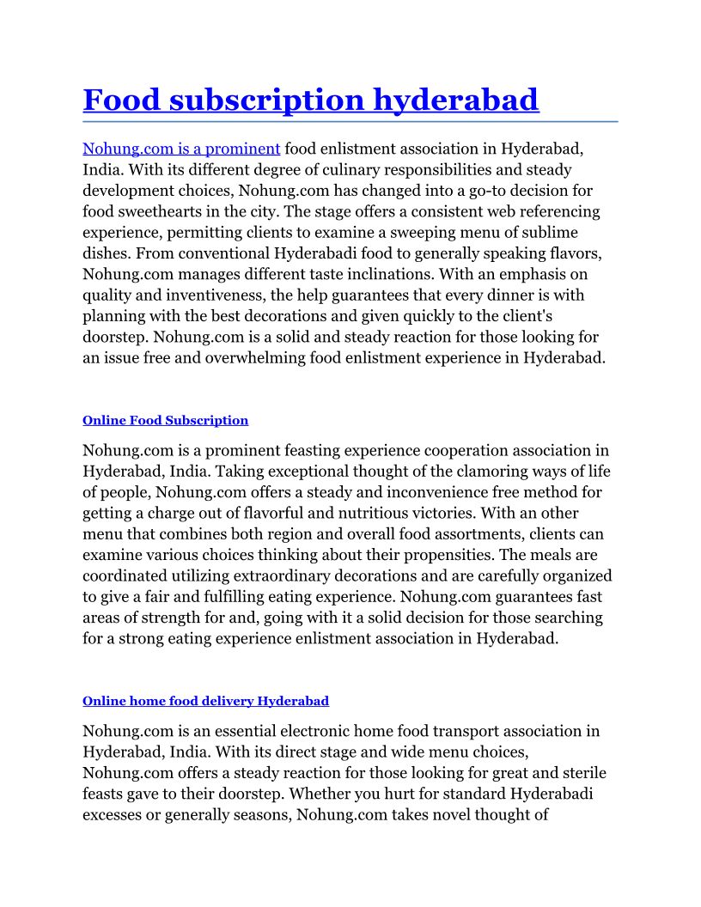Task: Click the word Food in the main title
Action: point(121,100)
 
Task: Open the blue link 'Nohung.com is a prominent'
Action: point(181,149)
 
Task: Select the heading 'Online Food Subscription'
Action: point(165,420)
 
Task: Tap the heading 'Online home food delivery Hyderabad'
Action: point(205,701)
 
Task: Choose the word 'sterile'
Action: point(581,773)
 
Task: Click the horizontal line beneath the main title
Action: point(350,122)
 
